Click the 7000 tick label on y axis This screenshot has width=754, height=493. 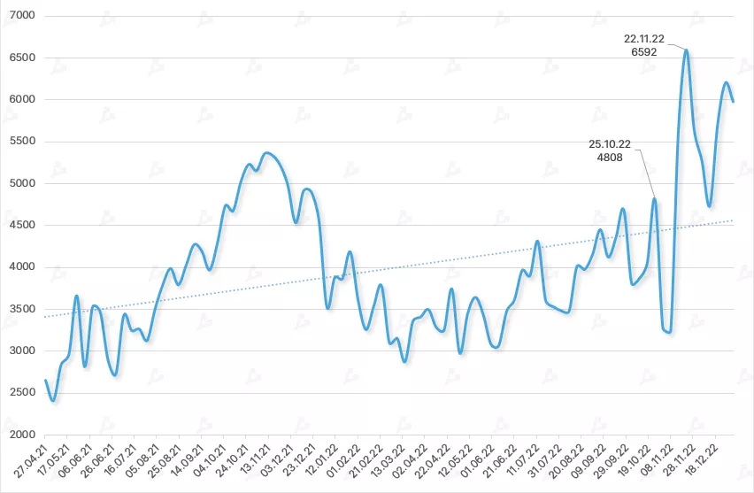pyautogui.click(x=20, y=16)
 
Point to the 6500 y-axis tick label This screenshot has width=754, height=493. pyautogui.click(x=20, y=58)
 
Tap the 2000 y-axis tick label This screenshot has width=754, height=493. pyautogui.click(x=20, y=435)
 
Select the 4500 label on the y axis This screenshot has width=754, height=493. pyautogui.click(x=20, y=225)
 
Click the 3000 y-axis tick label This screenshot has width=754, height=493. pyautogui.click(x=20, y=350)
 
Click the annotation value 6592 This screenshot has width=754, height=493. pyautogui.click(x=643, y=52)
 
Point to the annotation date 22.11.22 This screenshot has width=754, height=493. pyautogui.click(x=643, y=39)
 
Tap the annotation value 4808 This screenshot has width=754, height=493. pyautogui.click(x=611, y=158)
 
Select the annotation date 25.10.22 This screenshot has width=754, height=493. pyautogui.click(x=610, y=143)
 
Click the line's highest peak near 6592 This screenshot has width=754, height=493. pyautogui.click(x=687, y=50)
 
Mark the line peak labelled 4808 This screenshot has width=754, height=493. pyautogui.click(x=655, y=199)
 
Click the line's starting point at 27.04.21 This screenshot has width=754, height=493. pyautogui.click(x=45, y=381)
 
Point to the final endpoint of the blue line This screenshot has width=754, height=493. pyautogui.click(x=734, y=102)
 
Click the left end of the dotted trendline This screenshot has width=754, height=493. pyautogui.click(x=45, y=316)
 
